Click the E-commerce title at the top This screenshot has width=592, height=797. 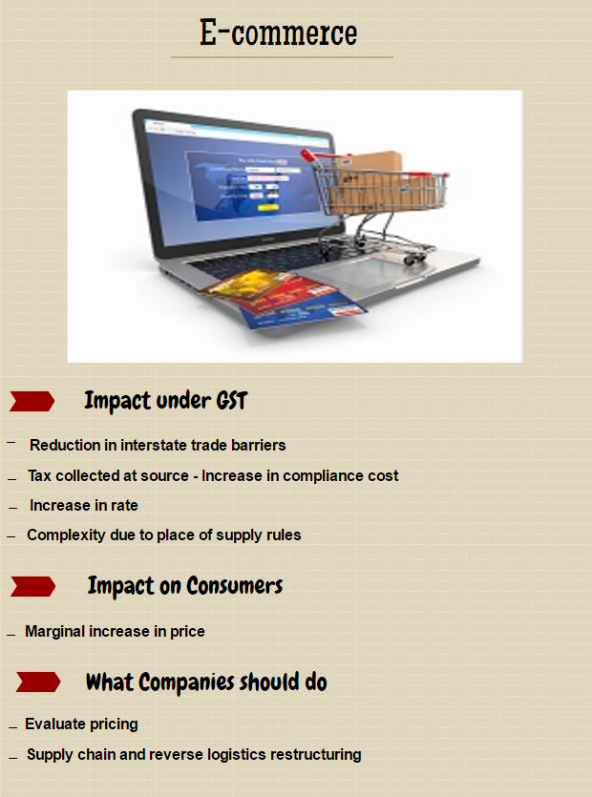point(278,32)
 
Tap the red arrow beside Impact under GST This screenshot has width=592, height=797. point(32,401)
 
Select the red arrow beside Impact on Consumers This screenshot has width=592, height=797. point(32,587)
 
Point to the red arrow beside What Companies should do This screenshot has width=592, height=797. point(38,682)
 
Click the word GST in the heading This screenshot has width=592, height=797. point(232,401)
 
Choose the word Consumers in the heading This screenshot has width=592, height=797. point(235,586)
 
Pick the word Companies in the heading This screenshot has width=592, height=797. point(186,682)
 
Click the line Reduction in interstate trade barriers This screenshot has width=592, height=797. point(158,445)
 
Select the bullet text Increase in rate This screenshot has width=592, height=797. point(83,505)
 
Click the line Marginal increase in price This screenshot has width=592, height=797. point(115,631)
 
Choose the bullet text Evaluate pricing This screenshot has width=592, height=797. point(81,724)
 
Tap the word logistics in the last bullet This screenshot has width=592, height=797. point(236,755)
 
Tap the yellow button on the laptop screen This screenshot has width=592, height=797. point(267,207)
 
